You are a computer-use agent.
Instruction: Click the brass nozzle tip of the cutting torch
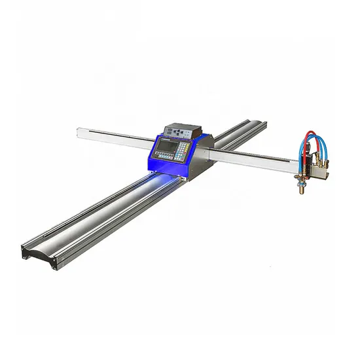coord(302,190)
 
